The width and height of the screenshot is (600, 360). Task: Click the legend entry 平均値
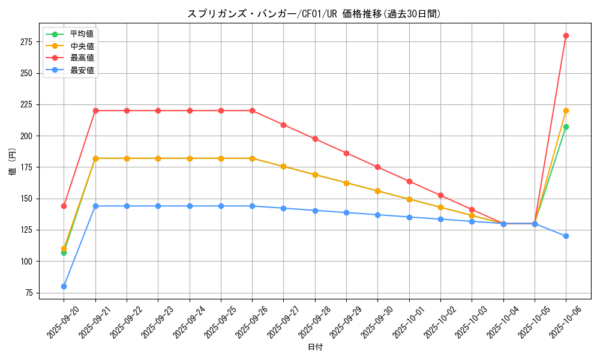(82, 34)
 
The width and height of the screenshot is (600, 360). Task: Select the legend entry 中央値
(82, 46)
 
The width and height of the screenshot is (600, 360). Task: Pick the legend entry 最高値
(82, 58)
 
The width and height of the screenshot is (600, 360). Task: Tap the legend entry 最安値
(82, 70)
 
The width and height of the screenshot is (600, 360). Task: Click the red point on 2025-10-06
(566, 35)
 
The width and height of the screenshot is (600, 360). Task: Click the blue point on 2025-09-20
(64, 286)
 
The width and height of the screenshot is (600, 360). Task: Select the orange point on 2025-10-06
(566, 110)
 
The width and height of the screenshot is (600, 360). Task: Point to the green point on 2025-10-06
(566, 127)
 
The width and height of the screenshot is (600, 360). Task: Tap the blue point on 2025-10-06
(566, 236)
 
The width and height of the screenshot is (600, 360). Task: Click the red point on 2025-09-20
(64, 206)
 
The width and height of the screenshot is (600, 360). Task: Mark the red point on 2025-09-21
(95, 110)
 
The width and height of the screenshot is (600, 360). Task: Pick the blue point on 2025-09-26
(252, 206)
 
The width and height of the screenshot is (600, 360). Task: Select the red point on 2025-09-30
(377, 167)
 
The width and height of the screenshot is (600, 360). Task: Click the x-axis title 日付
(315, 347)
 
